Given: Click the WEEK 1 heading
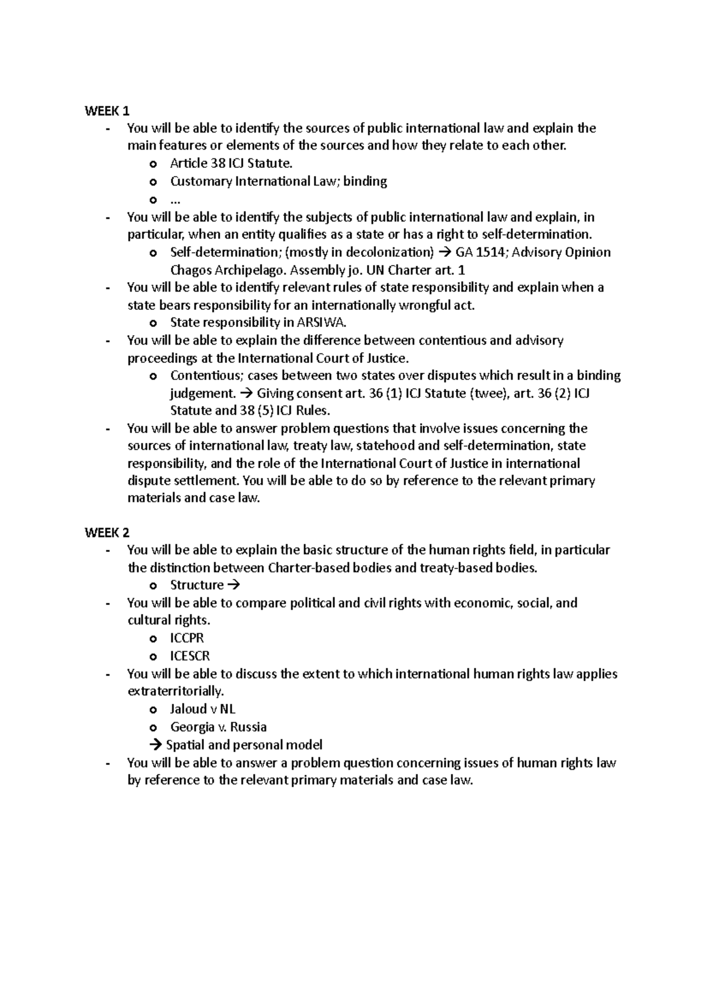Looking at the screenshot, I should pyautogui.click(x=107, y=111).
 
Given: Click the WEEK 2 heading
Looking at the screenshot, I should pyautogui.click(x=107, y=532).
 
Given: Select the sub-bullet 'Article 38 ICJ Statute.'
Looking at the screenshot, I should pyautogui.click(x=231, y=163).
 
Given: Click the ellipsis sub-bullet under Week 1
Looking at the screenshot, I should pyautogui.click(x=176, y=198).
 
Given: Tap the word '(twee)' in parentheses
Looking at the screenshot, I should pyautogui.click(x=490, y=393).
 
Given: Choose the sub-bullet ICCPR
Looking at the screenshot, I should pyautogui.click(x=187, y=638).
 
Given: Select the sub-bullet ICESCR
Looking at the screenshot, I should pyautogui.click(x=190, y=655).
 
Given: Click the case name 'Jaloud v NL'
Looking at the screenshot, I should pyautogui.click(x=203, y=709).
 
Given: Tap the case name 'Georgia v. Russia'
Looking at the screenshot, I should pyautogui.click(x=219, y=727).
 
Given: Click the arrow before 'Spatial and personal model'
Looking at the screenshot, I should pyautogui.click(x=156, y=745).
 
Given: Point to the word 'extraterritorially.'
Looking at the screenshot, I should pyautogui.click(x=176, y=691).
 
